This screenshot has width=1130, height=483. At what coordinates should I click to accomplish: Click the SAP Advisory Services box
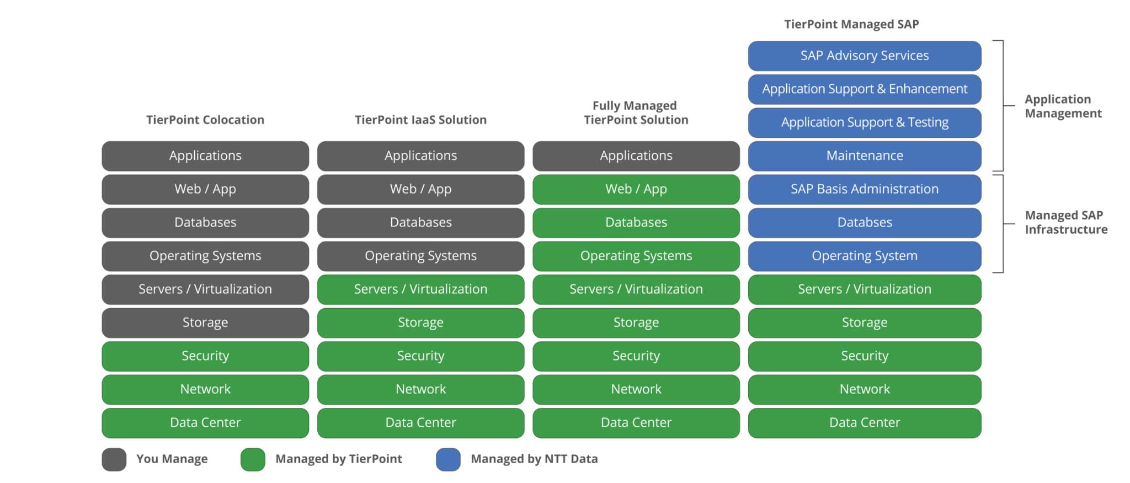point(864,56)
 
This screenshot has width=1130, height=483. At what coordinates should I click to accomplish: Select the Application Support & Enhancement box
point(864,89)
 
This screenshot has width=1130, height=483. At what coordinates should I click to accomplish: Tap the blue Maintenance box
point(864,156)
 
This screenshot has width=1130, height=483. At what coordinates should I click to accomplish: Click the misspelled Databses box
point(864,223)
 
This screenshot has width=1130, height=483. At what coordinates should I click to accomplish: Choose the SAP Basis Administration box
point(864,189)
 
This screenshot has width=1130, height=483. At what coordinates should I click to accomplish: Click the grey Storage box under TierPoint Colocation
point(205,323)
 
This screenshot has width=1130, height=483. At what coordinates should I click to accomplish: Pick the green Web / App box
point(636,189)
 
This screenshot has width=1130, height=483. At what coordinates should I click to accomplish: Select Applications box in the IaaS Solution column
point(420,156)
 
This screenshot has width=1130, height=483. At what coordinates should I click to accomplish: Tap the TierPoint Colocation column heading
point(205,120)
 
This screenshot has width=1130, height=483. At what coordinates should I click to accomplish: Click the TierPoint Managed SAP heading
point(851,24)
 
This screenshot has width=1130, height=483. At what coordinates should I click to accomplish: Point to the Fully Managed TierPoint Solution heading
point(636,112)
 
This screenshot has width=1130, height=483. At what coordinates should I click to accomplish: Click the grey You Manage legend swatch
point(114,459)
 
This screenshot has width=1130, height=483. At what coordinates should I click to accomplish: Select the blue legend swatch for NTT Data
point(448,459)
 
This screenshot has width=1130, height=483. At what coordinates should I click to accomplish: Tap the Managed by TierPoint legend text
point(338,459)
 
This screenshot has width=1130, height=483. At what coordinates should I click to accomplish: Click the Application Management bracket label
point(1063,106)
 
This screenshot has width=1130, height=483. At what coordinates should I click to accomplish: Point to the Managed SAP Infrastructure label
point(1065,222)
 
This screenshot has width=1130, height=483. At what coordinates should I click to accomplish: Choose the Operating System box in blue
point(864,256)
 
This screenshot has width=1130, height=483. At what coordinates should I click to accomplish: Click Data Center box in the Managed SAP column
point(864,423)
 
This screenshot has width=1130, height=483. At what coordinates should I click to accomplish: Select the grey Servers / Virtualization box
point(205,289)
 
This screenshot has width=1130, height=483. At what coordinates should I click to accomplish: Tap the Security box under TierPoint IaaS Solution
point(420,356)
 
